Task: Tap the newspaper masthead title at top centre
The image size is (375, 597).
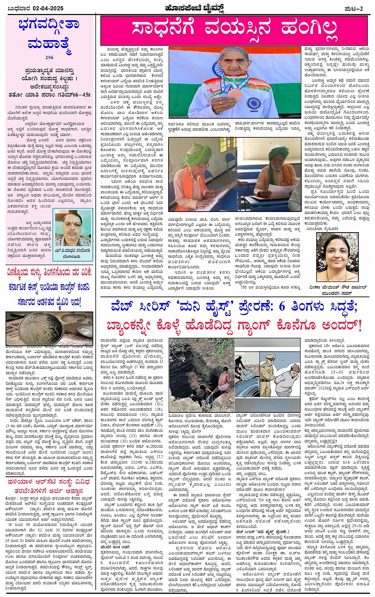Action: tap(194, 8)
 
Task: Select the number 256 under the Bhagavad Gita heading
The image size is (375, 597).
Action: tap(49, 58)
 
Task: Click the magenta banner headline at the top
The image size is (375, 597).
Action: tap(234, 28)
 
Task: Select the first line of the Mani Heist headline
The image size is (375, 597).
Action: tap(234, 307)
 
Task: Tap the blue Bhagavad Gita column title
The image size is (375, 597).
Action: tap(49, 33)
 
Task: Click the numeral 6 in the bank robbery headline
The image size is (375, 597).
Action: tap(282, 306)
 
